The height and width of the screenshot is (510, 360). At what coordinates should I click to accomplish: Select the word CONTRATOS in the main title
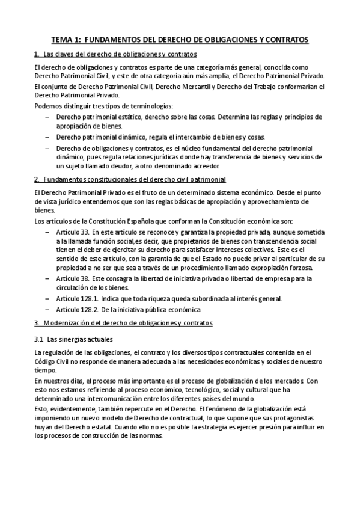point(285,40)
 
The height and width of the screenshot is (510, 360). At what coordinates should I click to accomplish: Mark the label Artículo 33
point(72,232)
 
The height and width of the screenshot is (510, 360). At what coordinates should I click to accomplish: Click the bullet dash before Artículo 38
point(47,279)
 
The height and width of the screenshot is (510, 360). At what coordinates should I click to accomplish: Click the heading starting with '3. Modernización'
point(123,324)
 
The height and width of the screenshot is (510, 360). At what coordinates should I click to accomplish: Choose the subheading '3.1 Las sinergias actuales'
point(78,339)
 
